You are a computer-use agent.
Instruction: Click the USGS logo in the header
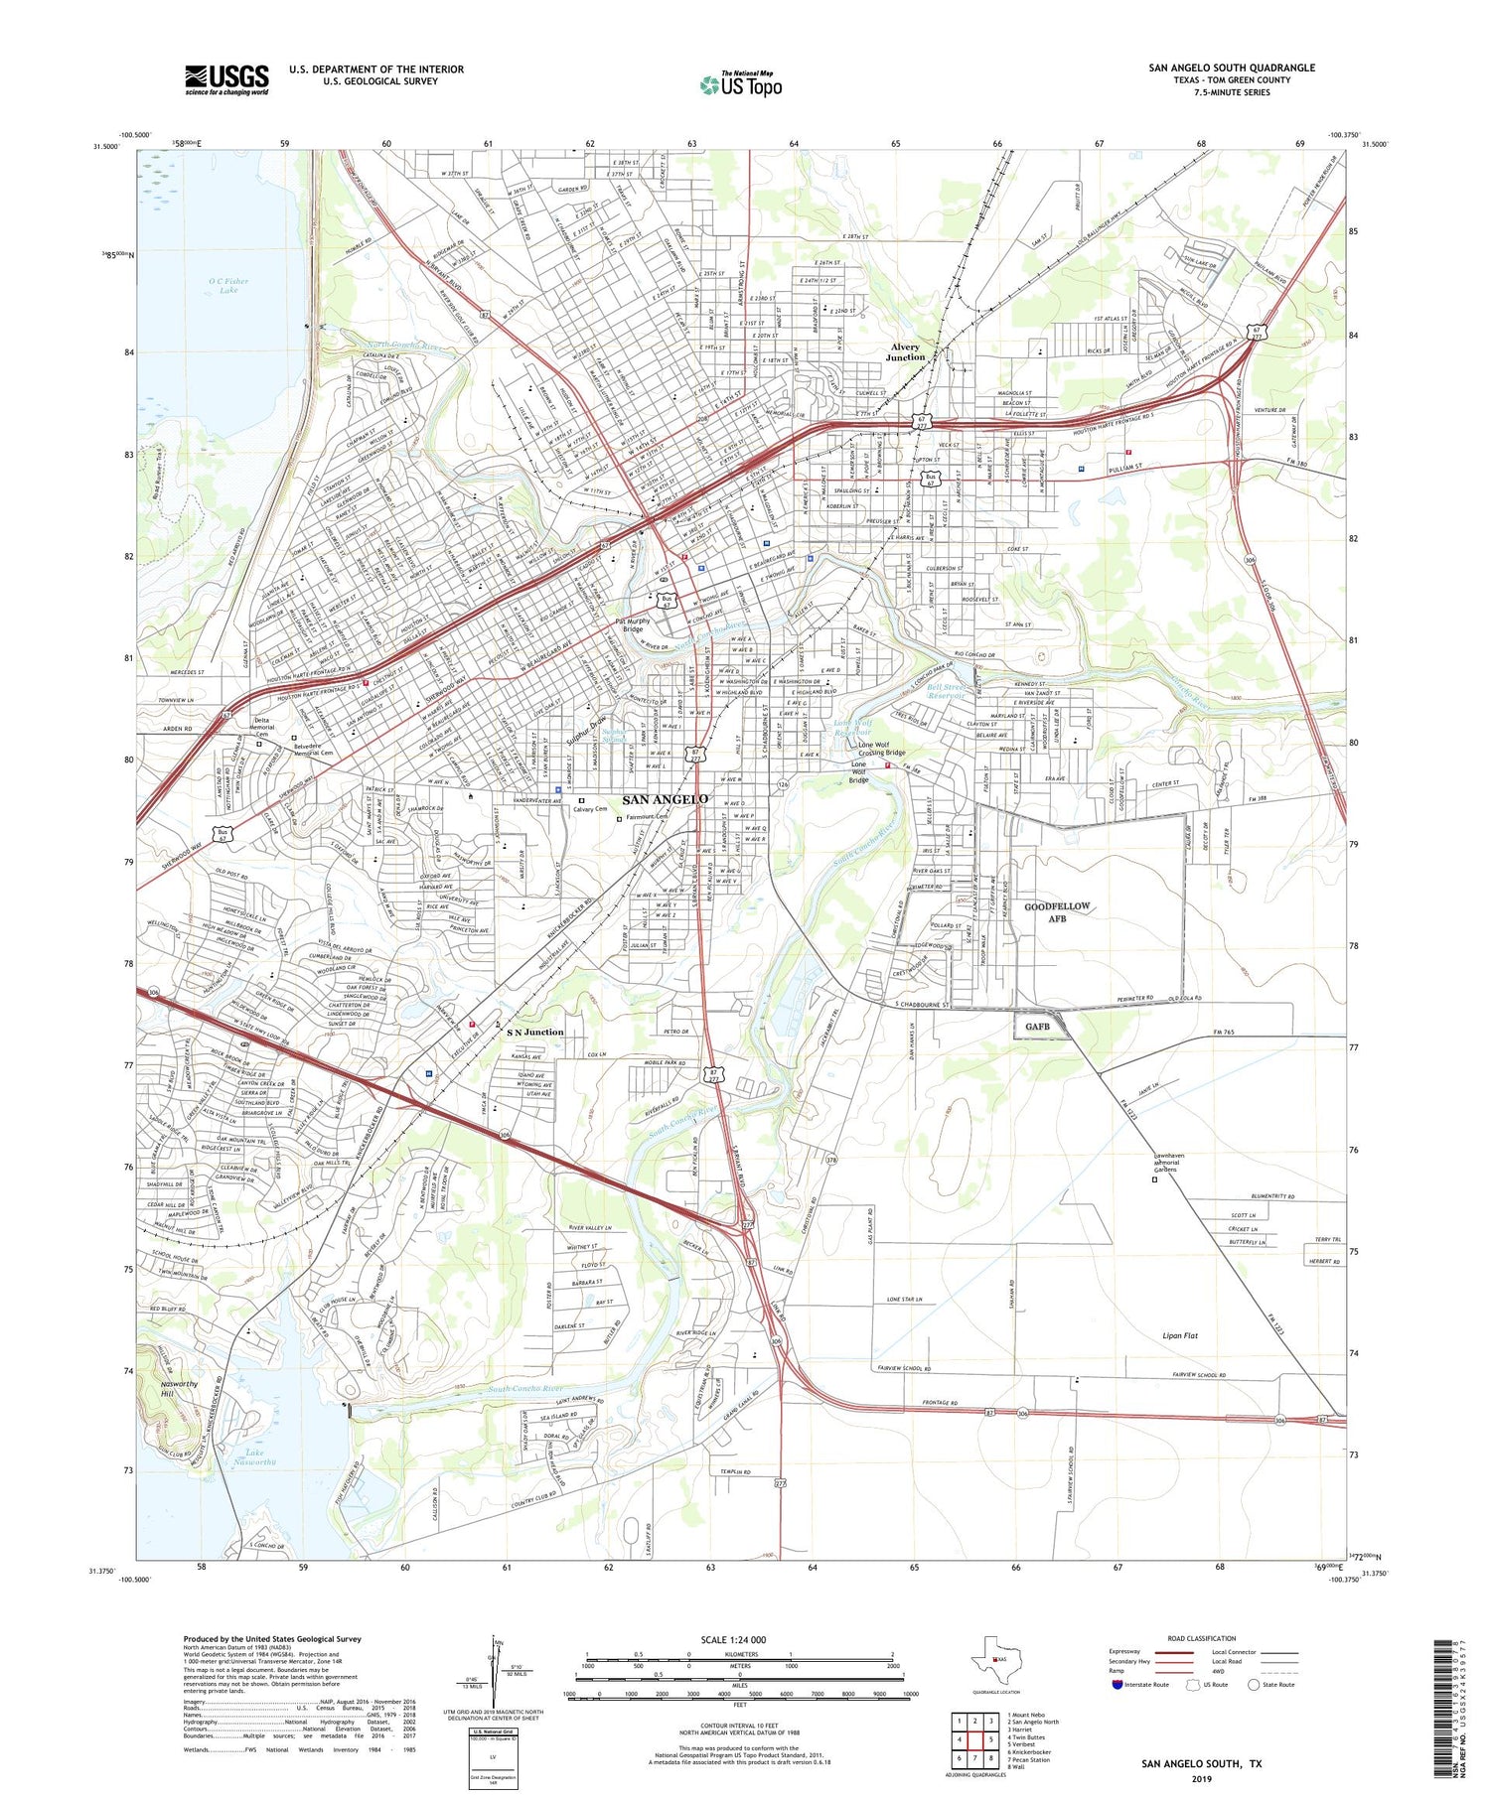226,79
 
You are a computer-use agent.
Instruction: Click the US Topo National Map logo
741,84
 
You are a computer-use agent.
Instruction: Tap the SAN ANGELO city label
666,799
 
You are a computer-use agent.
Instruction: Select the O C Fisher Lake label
228,286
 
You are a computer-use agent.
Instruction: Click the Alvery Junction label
905,352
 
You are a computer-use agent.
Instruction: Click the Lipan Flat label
1179,1335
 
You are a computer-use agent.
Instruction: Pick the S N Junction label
534,1032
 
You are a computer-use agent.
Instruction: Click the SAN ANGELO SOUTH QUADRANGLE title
1231,68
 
